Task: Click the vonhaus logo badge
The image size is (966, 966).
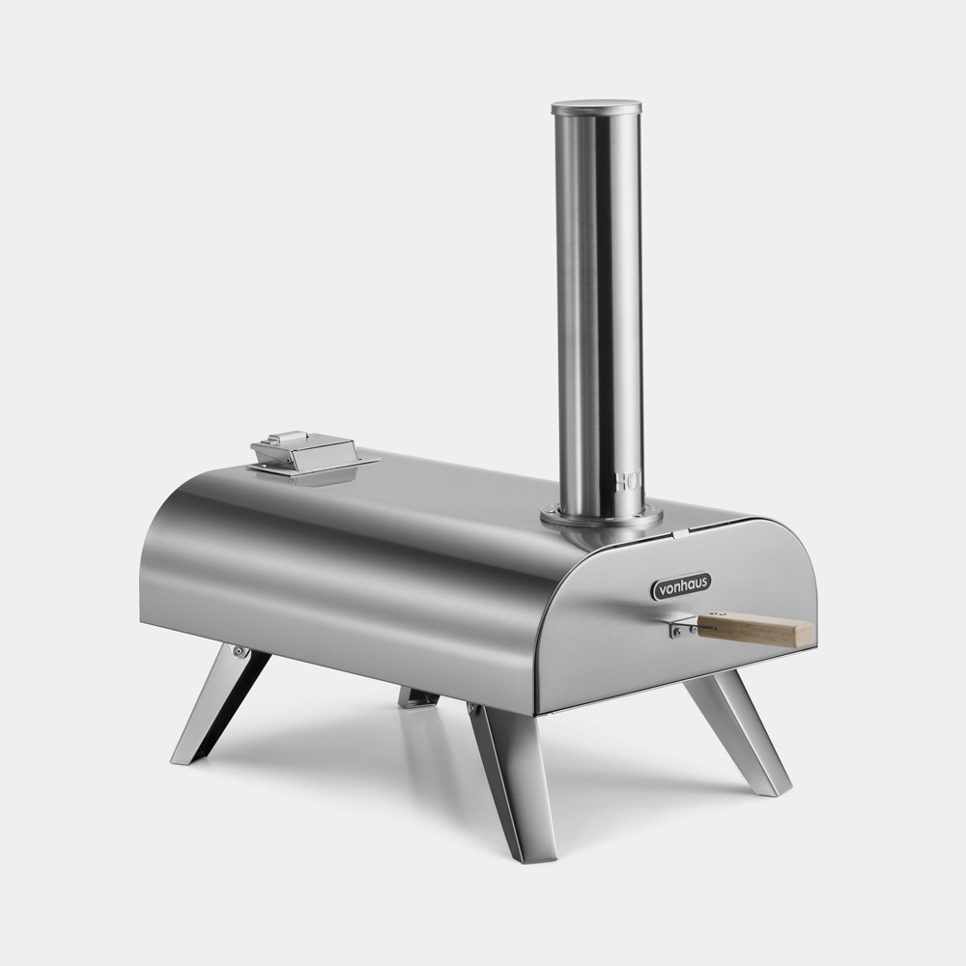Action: coord(681,584)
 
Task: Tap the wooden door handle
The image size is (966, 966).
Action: coord(754,632)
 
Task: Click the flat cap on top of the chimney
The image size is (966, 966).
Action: coord(596,103)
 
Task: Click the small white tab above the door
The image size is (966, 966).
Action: coord(680,532)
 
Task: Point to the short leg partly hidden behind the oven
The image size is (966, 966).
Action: coord(417,696)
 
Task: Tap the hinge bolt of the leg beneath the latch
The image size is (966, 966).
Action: coord(239,654)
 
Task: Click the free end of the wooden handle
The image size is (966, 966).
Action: coord(807,634)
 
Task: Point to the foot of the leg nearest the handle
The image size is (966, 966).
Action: coord(778,787)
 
